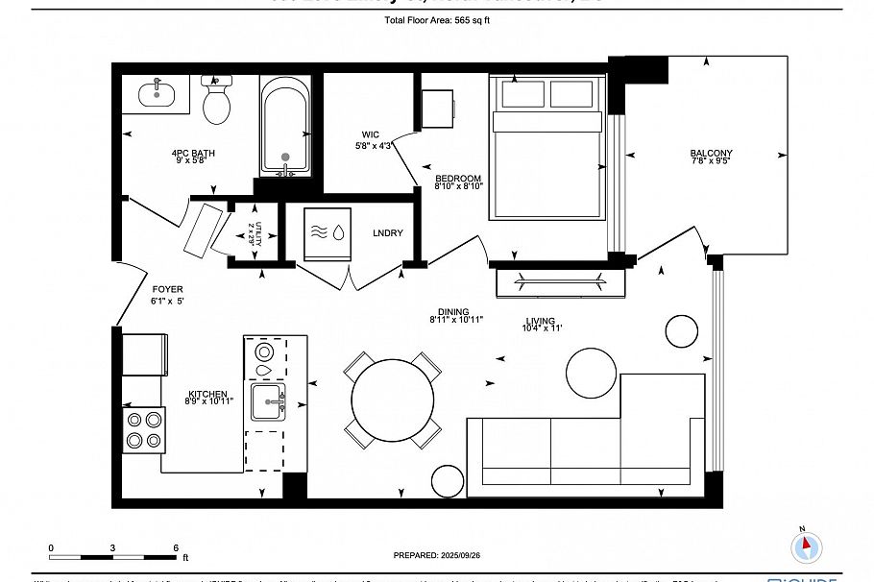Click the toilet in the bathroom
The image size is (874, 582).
[x=218, y=100]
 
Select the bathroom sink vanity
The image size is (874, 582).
[x=157, y=95]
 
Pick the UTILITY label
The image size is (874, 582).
[x=253, y=232]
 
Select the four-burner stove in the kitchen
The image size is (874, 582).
[x=143, y=429]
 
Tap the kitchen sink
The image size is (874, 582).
[x=269, y=403]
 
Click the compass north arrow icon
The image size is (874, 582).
[x=806, y=546]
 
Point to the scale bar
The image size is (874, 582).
[x=113, y=556]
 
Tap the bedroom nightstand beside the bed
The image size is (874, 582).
[x=437, y=109]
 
